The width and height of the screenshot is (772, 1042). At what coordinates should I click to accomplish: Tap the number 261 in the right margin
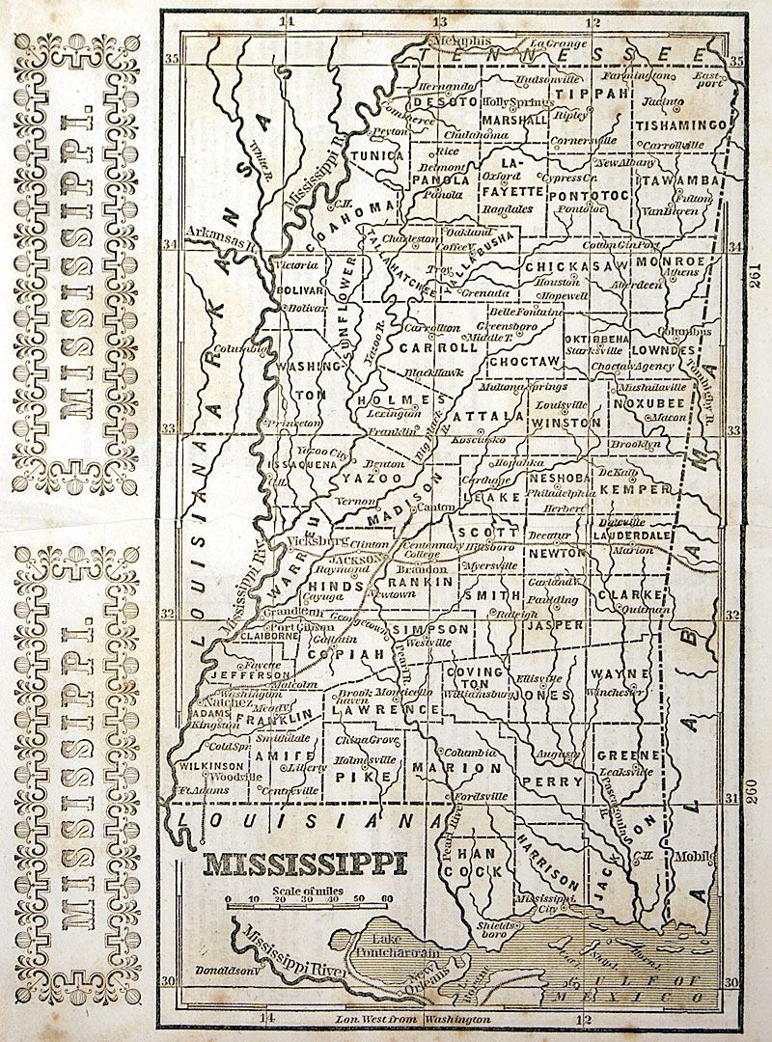pos(755,277)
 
